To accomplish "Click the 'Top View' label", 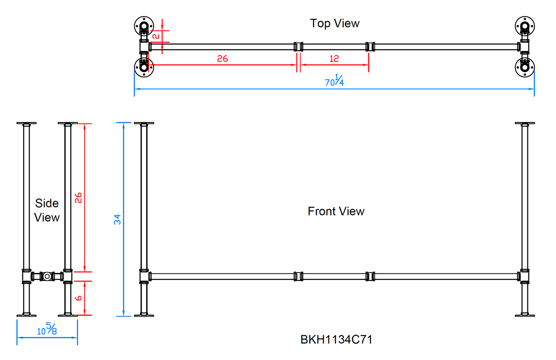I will (x=334, y=23).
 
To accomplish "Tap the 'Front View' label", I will (x=336, y=211).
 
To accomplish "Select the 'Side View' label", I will (x=47, y=210).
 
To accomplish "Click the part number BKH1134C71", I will (x=336, y=340).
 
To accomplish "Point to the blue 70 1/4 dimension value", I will (x=334, y=81).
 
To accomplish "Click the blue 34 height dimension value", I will (x=117, y=219).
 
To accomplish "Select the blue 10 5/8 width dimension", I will (x=47, y=329).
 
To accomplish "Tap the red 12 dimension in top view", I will (x=334, y=59).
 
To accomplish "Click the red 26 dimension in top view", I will (x=222, y=59).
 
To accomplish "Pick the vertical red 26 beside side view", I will (x=78, y=198).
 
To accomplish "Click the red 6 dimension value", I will (x=78, y=298).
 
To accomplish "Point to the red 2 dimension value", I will (x=156, y=36).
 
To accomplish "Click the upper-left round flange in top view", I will (x=144, y=26).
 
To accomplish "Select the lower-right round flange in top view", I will (x=525, y=67).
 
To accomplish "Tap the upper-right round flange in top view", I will (x=525, y=26).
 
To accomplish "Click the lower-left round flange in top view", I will (x=144, y=67).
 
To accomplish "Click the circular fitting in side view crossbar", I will (x=47, y=276).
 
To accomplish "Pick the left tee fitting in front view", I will (x=144, y=276).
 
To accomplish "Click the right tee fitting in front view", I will (x=524, y=276).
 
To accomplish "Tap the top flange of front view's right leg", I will (x=525, y=124).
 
